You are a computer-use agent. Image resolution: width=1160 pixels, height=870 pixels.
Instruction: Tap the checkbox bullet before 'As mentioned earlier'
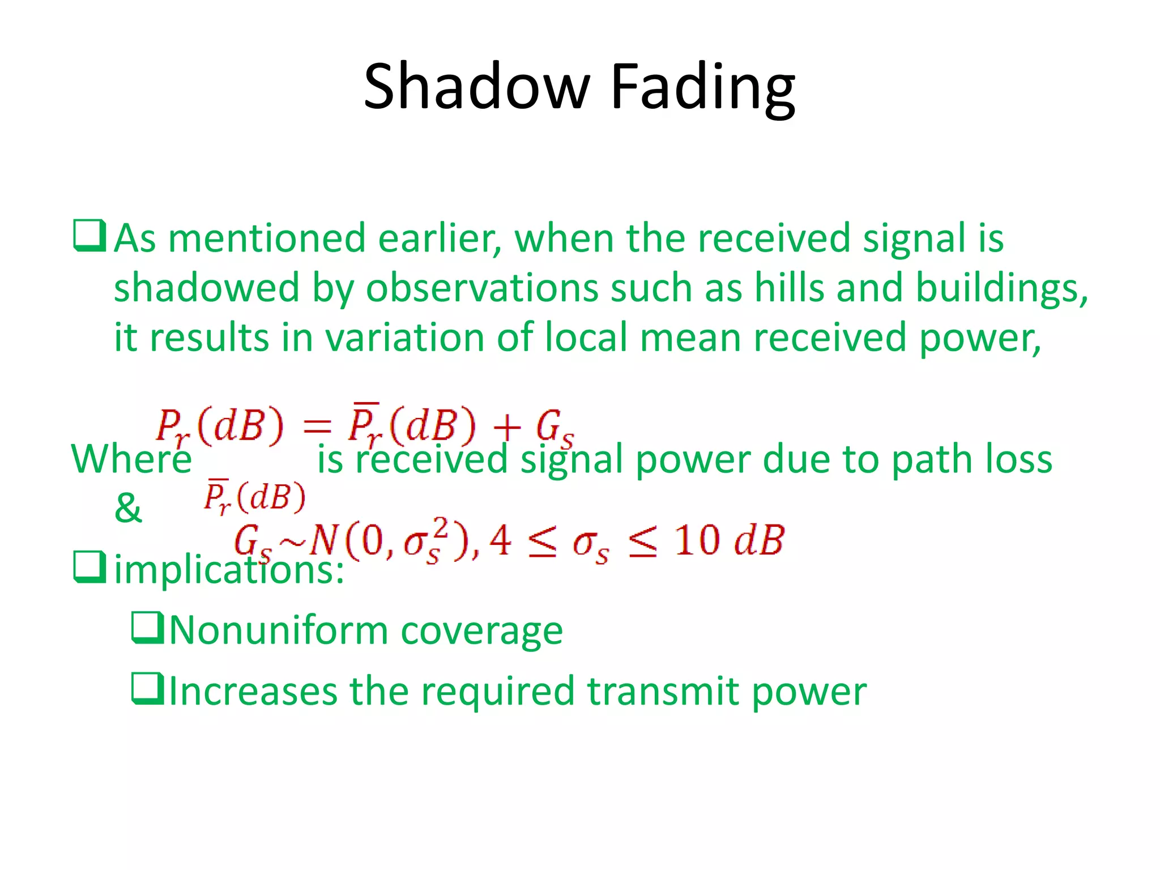pos(89,236)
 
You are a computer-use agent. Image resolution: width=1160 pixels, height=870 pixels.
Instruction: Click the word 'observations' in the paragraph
pos(482,288)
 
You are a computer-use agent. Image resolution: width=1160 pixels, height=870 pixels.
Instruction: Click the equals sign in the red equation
pos(316,426)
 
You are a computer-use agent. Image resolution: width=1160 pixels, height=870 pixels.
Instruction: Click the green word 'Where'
pos(131,459)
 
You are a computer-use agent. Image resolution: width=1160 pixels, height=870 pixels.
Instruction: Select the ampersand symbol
pos(128,507)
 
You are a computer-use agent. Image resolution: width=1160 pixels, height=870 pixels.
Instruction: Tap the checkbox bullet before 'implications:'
pos(89,568)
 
